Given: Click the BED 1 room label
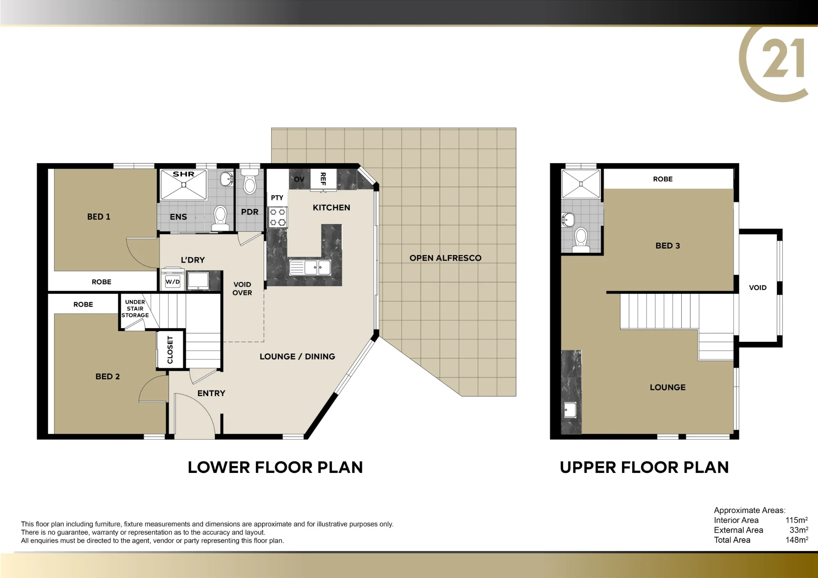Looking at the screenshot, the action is pos(99,217).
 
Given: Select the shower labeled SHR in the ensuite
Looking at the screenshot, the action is pos(184,185).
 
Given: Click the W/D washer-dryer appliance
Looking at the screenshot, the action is pos(173,279).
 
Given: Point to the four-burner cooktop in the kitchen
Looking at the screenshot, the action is pos(278,217).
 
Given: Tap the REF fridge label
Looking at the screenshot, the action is pos(323,179).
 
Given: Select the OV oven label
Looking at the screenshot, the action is pos(299,179).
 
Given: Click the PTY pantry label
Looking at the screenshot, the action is pos(277,198).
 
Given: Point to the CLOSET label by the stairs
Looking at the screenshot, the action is pos(170,349).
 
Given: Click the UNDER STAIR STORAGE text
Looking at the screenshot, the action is pos(135,309).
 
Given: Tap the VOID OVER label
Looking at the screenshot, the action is pos(242,289).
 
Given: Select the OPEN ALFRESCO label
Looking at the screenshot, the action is pos(445,258).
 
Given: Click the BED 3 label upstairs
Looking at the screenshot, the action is pos(667,246).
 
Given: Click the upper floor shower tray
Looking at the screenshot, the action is pos(581,184).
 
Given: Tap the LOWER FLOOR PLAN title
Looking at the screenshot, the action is pos(275,467).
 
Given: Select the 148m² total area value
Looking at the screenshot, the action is pos(797,540).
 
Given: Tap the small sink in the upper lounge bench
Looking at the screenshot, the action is pos(570,410).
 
